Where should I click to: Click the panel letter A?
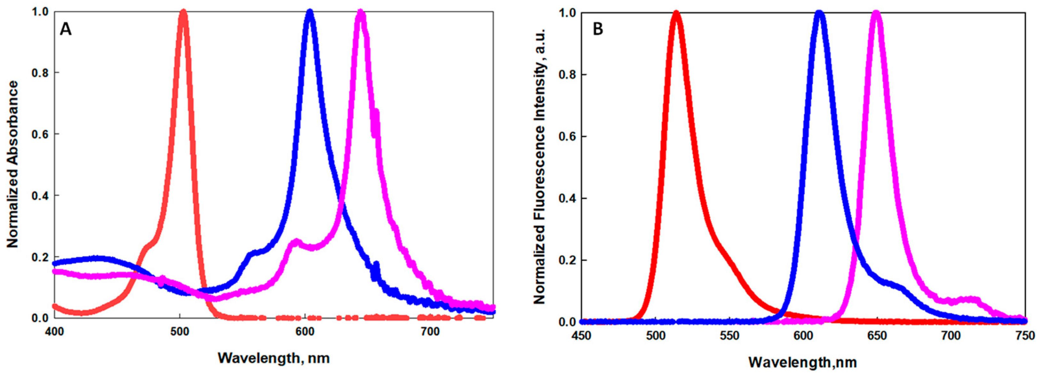[x=65, y=29]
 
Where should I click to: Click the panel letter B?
[x=598, y=29]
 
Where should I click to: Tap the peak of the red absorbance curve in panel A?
[x=183, y=12]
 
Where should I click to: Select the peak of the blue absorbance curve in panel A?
[x=310, y=12]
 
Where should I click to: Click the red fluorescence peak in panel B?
[x=676, y=13]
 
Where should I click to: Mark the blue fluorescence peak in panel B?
[x=819, y=13]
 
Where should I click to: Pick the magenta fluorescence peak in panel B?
[x=876, y=13]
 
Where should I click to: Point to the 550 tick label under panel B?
[x=729, y=336]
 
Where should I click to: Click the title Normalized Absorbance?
[x=13, y=164]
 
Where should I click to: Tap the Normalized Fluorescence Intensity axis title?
[x=540, y=167]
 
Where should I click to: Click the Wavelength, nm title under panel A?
[x=273, y=358]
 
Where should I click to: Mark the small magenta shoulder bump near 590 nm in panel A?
[x=296, y=242]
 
